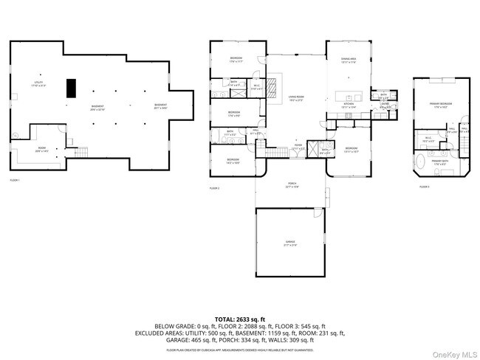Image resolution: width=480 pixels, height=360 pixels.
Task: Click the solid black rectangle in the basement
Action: (71, 88)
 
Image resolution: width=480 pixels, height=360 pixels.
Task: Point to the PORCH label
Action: (292, 186)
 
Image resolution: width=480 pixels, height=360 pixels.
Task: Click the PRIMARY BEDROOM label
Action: (441, 105)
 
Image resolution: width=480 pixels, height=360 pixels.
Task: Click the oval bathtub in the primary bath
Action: (421, 163)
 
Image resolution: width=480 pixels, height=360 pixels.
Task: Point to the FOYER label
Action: (296, 148)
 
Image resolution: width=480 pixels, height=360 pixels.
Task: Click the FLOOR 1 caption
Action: (15, 180)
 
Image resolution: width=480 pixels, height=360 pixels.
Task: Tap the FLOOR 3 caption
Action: (424, 187)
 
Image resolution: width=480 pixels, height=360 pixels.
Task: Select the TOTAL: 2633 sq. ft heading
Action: (240, 319)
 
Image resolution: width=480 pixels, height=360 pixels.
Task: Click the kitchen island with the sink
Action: (347, 96)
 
